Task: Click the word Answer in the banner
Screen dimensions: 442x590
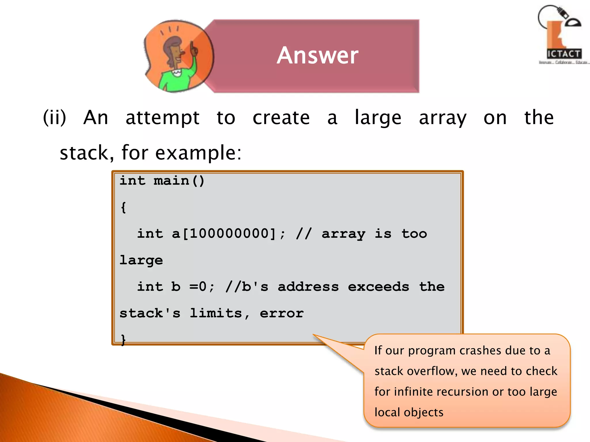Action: [317, 55]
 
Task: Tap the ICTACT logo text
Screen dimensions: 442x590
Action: [564, 54]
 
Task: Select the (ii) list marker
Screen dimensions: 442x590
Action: [54, 118]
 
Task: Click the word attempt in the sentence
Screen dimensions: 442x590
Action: [162, 118]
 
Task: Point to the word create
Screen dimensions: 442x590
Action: [281, 118]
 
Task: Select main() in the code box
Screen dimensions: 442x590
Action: [179, 181]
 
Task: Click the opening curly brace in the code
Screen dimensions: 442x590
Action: [124, 207]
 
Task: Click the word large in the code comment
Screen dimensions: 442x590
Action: [141, 260]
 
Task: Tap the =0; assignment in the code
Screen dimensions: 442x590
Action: [202, 287]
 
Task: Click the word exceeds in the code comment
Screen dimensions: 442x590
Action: [378, 287]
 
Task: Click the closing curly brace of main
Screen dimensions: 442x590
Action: [123, 340]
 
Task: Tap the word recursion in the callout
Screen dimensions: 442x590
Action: [460, 392]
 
